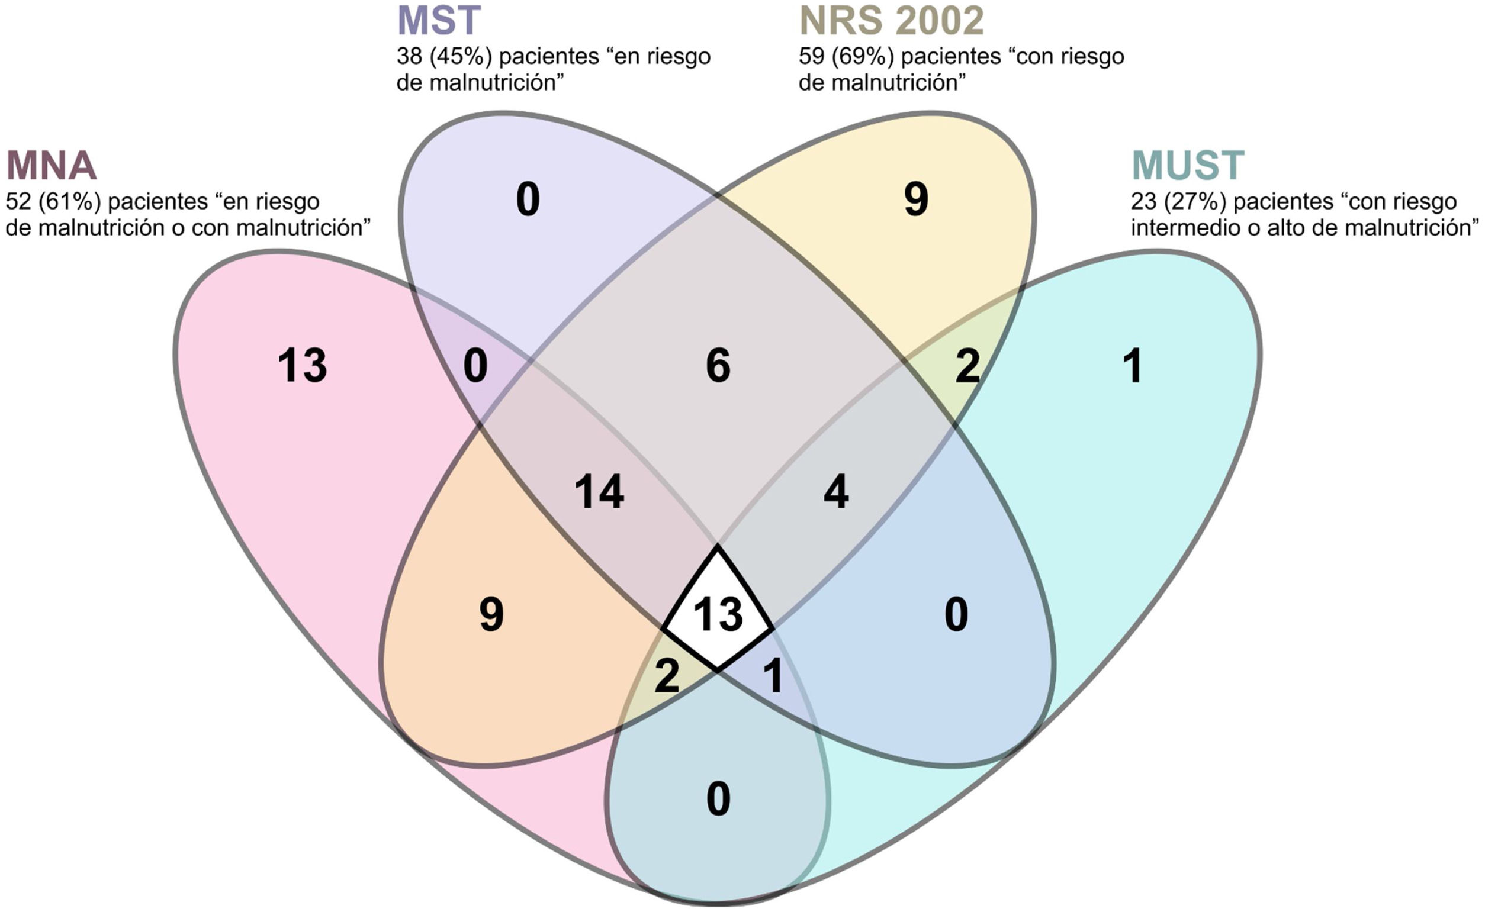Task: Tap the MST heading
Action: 439,21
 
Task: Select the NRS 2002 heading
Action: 891,21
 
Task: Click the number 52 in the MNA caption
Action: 19,201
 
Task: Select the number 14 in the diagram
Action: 599,492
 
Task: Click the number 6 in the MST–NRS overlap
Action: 718,366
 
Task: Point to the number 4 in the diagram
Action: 836,492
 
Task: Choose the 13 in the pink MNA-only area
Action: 303,366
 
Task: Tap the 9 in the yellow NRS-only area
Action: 916,199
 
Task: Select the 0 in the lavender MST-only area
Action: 528,199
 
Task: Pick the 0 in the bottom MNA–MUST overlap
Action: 718,799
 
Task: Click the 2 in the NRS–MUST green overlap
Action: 968,366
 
